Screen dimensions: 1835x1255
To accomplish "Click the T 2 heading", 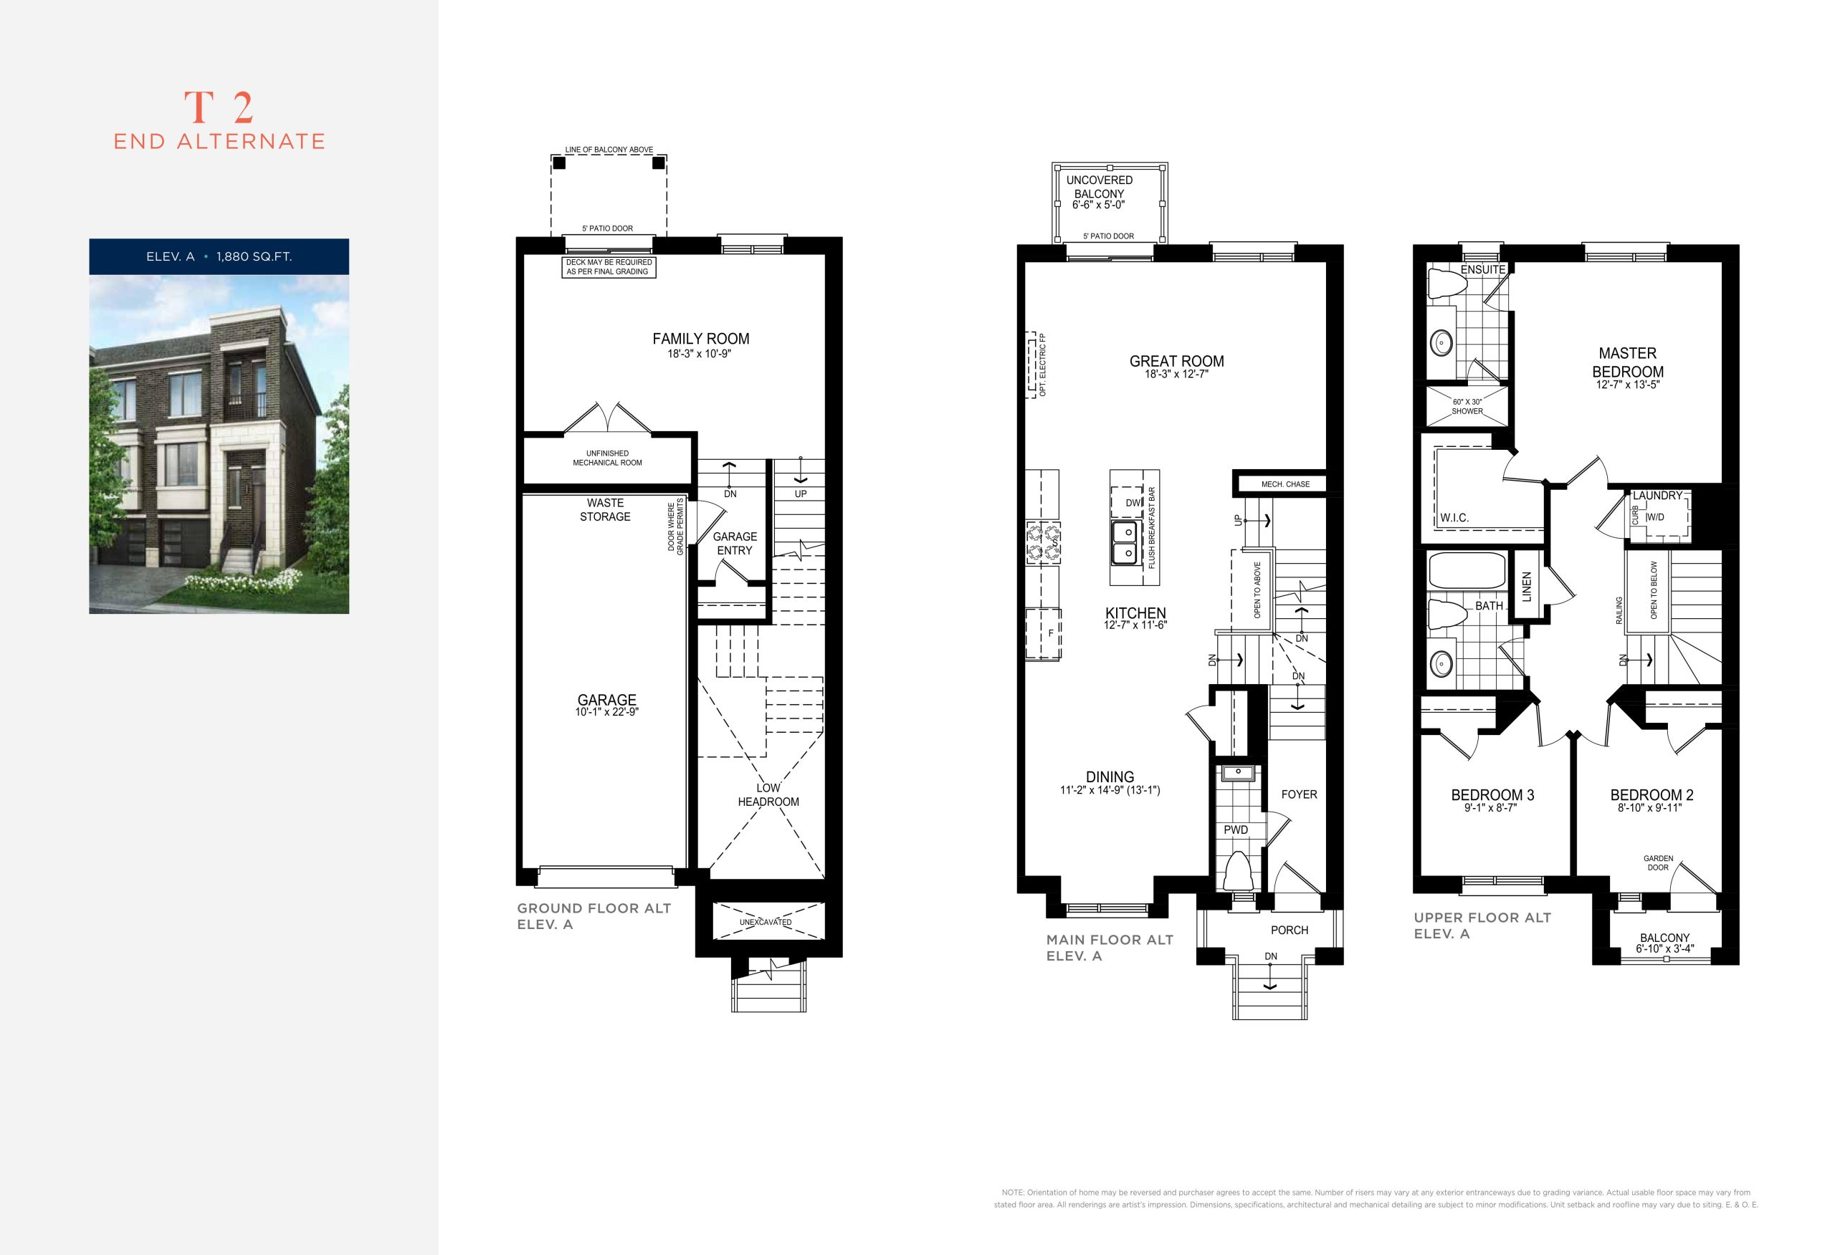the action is [219, 108].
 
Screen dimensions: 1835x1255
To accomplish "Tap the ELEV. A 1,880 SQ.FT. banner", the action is [219, 256].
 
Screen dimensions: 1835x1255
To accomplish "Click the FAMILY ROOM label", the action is [700, 339].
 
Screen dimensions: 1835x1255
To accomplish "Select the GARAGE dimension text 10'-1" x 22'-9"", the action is [606, 712].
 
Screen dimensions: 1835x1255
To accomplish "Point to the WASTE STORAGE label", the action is [605, 510].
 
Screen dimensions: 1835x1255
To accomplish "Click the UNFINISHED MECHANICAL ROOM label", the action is [607, 458].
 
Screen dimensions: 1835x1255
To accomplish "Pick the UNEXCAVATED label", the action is [765, 922].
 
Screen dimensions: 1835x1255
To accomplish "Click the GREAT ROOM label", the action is [1176, 362].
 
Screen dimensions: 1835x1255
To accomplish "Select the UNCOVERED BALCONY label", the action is [1099, 187].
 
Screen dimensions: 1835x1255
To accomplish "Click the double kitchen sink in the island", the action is [1125, 543].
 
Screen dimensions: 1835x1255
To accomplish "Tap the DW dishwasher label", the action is [1134, 503].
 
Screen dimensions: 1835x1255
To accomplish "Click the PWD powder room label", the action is [1236, 830].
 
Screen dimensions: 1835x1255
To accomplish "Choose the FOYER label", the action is [1299, 794].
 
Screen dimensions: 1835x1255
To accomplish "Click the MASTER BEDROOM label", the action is [1627, 362].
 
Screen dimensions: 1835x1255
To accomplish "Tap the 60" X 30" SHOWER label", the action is [1467, 406].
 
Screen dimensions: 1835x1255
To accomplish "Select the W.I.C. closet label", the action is [1454, 518].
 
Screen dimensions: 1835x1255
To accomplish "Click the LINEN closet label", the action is [1525, 587].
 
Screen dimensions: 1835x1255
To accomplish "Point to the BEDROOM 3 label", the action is [1492, 795].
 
